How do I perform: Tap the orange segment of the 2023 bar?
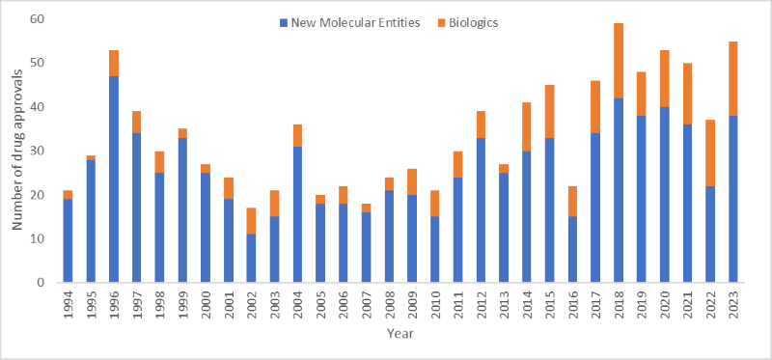click(733, 78)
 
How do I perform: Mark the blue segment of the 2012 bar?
click(482, 208)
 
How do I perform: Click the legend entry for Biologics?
click(470, 22)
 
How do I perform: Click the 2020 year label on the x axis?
click(665, 304)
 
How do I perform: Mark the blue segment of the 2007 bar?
click(367, 247)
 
